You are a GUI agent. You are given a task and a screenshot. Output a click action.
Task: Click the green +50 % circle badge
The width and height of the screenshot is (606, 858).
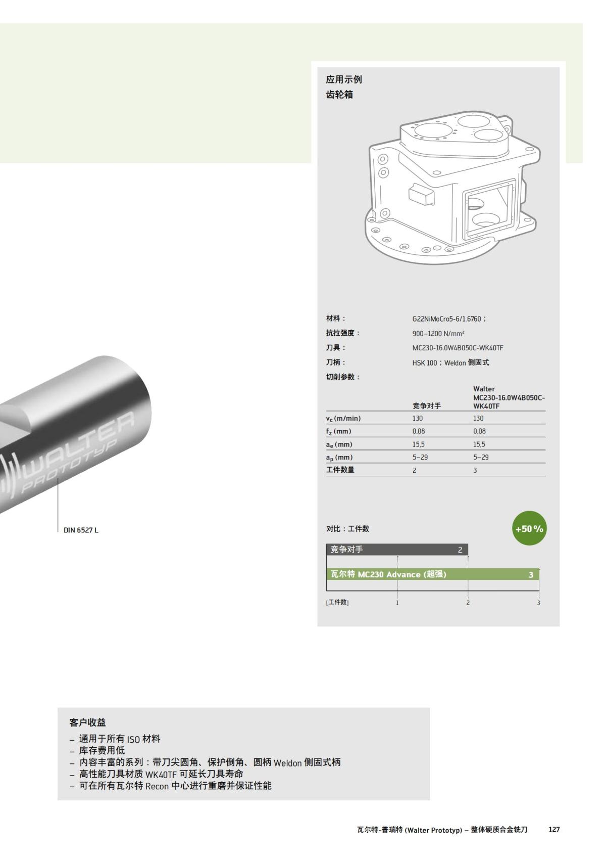(529, 529)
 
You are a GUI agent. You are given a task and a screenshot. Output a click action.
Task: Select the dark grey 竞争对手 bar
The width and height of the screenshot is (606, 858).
(397, 550)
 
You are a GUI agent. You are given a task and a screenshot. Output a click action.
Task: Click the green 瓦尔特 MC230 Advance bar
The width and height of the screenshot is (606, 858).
(433, 574)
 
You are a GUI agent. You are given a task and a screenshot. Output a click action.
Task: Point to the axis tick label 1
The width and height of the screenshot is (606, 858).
(397, 603)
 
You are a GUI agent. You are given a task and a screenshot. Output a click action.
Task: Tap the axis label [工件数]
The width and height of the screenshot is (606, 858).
(337, 602)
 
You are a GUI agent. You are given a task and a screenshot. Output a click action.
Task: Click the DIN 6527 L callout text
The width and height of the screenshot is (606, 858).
(81, 530)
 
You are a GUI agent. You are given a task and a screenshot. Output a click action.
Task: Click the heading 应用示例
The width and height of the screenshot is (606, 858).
(344, 79)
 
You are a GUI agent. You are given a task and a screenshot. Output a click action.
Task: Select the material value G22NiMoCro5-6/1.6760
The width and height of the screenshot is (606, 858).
(448, 319)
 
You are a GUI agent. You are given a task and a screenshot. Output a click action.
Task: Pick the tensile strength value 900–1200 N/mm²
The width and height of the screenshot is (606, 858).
(438, 334)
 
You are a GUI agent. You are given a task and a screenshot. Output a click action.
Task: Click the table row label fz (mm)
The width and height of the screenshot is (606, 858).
(338, 431)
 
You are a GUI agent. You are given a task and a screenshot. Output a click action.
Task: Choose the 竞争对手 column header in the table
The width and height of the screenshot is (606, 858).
(427, 405)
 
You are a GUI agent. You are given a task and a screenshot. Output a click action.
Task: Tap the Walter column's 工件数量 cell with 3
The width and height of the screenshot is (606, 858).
(475, 470)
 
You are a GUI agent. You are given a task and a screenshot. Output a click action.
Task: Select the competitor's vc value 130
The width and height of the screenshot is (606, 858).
(418, 418)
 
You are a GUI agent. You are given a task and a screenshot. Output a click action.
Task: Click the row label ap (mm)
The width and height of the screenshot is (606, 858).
(339, 457)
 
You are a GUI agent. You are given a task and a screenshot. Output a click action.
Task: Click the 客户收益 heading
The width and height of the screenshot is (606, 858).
(87, 722)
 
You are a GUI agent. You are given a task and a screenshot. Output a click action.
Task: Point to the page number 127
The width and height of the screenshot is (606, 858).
(554, 830)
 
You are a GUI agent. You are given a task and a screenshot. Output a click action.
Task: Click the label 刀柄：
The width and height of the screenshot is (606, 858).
(336, 363)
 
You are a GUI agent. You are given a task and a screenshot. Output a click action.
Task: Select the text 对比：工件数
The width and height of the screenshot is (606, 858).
(347, 529)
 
